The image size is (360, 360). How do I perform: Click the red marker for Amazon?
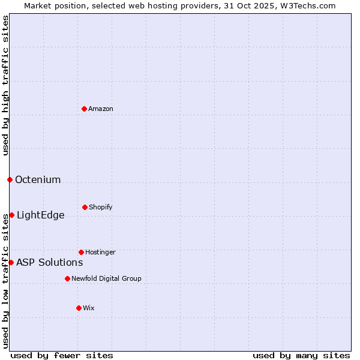85,109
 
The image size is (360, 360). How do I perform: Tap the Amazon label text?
101,109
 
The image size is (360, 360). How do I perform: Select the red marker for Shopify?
85,207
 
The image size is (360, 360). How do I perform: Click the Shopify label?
100,207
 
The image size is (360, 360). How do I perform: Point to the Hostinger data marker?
81,252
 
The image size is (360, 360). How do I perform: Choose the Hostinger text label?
100,252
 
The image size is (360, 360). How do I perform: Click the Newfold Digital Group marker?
67,278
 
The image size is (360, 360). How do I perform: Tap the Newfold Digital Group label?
106,278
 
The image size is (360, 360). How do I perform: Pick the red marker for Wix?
79,308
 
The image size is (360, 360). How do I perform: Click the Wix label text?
89,308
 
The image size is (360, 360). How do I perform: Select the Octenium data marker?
10,179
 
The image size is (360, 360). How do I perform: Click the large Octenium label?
38,179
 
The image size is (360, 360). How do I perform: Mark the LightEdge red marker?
11,215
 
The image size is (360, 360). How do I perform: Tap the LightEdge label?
40,215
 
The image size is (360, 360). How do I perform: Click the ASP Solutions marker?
11,262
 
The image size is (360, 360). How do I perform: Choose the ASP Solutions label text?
49,262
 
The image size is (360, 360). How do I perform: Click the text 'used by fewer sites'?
62,355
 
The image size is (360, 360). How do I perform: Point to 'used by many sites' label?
301,355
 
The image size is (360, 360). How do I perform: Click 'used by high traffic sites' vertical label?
5,85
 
